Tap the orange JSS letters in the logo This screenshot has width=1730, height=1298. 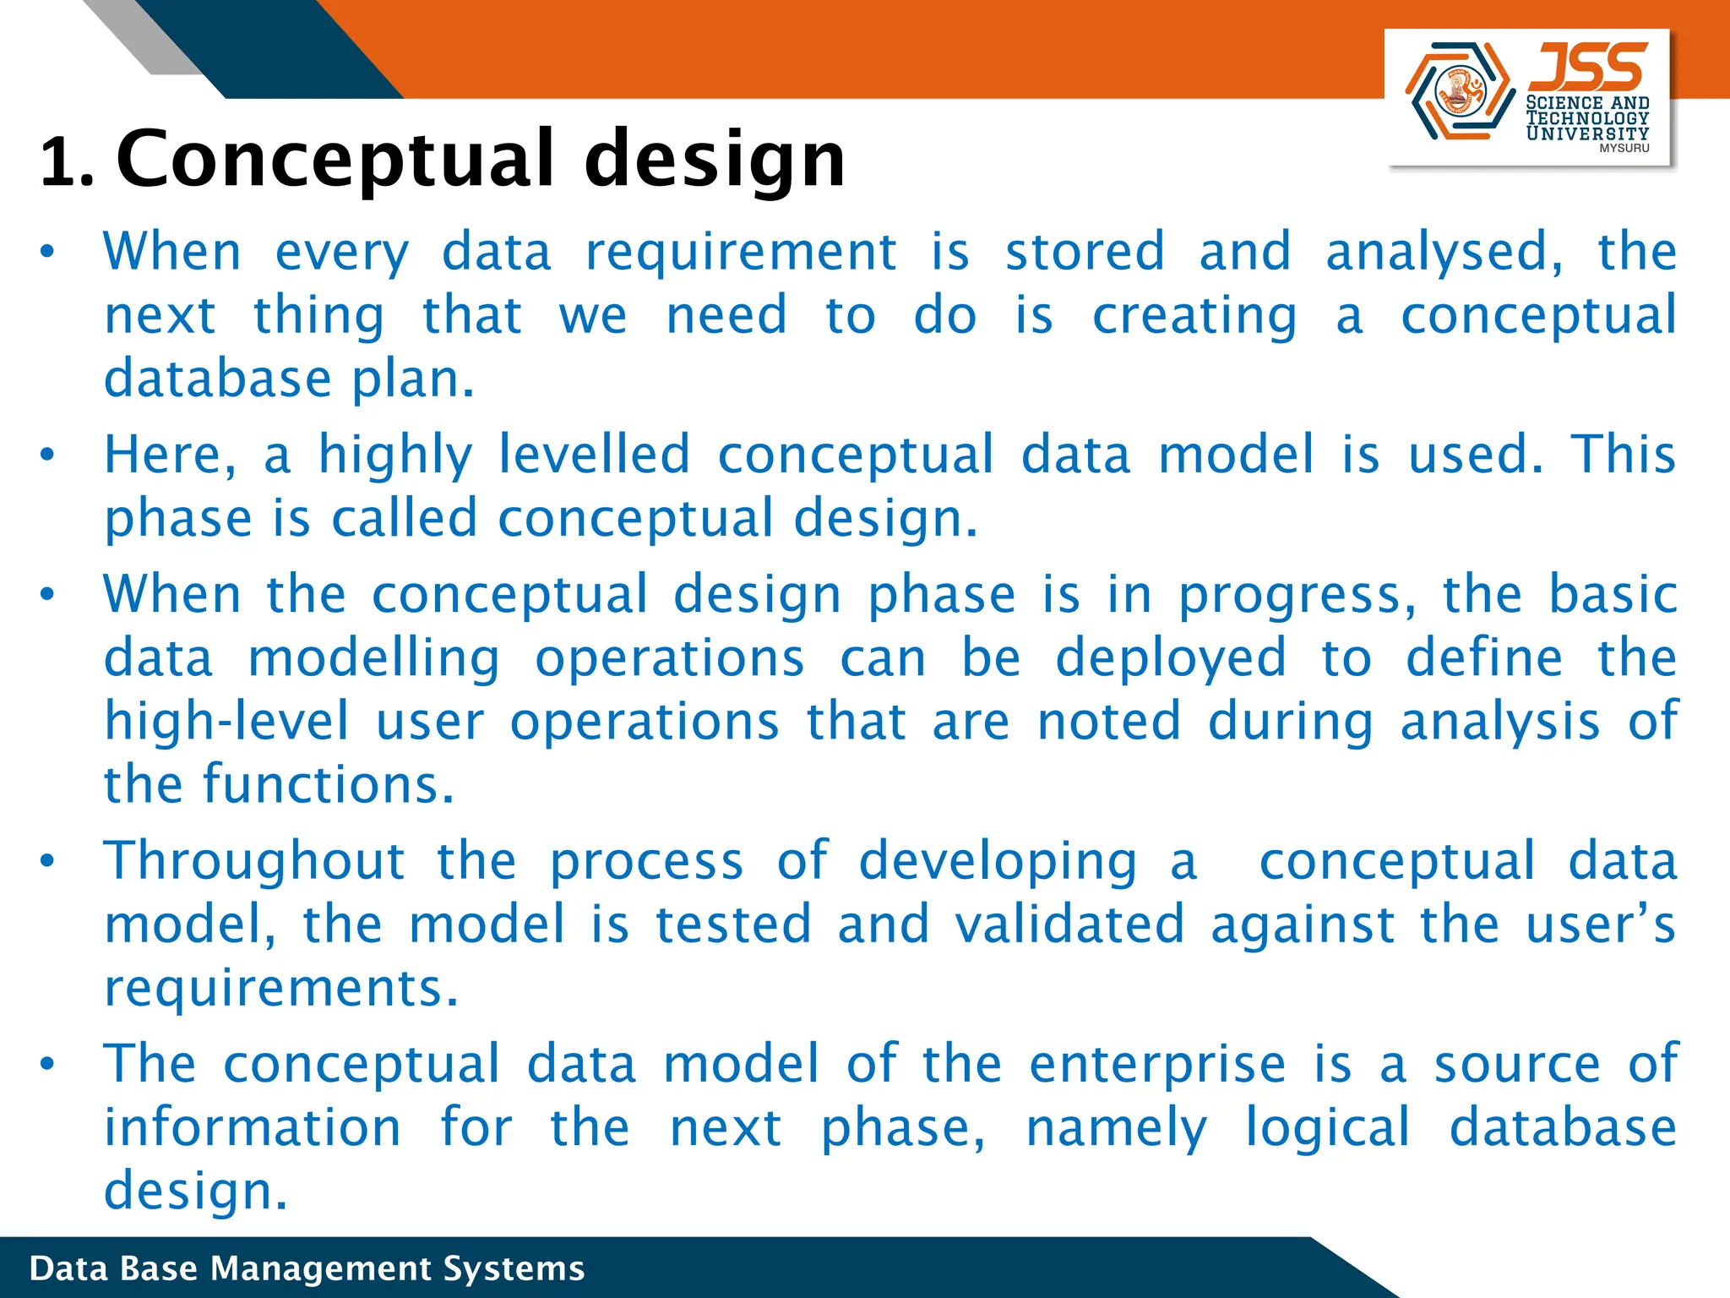pyautogui.click(x=1587, y=68)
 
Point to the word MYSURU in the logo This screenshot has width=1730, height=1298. pyautogui.click(x=1624, y=148)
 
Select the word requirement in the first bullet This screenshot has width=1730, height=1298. pyautogui.click(x=741, y=252)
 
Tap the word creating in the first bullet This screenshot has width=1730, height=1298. pyautogui.click(x=1194, y=315)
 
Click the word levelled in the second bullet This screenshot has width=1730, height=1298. pyautogui.click(x=594, y=455)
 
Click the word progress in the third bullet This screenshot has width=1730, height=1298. pyautogui.click(x=1296, y=595)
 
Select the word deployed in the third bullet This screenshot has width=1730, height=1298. pyautogui.click(x=1171, y=658)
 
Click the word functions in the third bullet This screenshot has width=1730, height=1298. pyautogui.click(x=328, y=784)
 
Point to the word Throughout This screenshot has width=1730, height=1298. pyautogui.click(x=254, y=861)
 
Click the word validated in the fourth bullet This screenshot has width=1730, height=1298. pyautogui.click(x=1069, y=924)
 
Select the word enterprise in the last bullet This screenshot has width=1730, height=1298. pyautogui.click(x=1157, y=1064)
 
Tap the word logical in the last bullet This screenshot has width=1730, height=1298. pyautogui.click(x=1327, y=1127)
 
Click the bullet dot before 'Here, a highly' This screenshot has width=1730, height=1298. pyautogui.click(x=47, y=455)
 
